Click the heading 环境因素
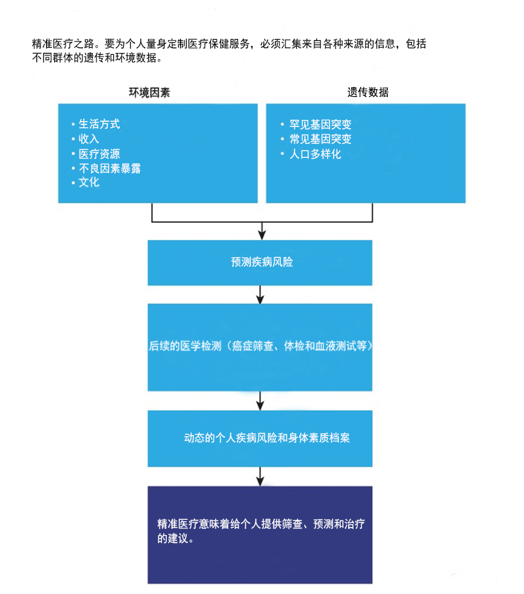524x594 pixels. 149,92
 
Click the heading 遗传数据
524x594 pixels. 367,92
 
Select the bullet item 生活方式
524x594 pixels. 99,124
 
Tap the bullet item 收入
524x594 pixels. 89,139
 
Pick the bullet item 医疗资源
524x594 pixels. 99,154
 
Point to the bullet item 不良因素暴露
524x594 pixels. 110,168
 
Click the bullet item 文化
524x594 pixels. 89,182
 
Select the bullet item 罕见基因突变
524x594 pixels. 320,124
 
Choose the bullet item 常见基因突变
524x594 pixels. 320,139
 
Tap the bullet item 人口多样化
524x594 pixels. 315,154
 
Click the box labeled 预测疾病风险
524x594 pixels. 260,263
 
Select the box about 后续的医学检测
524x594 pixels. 260,347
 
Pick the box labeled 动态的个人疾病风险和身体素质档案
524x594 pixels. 260,439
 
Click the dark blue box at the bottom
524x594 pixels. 260,534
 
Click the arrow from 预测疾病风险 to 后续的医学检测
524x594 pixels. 260,295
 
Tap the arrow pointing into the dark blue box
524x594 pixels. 260,476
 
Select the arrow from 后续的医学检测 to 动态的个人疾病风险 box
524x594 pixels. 260,401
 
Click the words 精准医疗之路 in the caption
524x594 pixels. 63,44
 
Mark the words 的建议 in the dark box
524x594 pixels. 173,539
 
